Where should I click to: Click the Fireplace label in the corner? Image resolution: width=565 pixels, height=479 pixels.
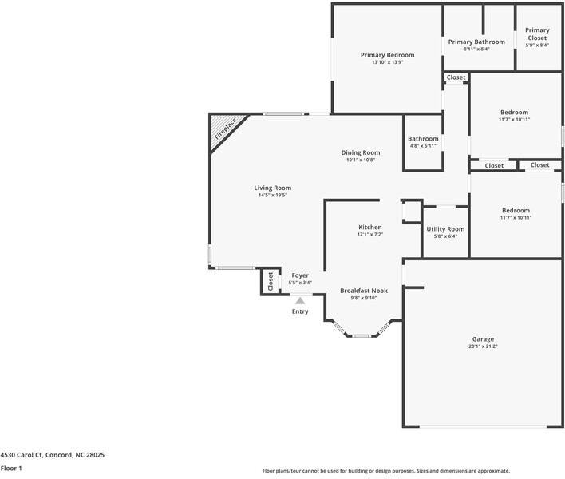225,129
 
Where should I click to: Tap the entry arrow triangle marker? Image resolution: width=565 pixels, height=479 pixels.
300,301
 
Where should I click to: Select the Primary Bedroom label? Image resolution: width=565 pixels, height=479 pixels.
387,55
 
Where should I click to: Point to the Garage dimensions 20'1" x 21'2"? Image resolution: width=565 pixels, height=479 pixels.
483,346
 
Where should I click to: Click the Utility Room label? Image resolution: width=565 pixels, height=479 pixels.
445,229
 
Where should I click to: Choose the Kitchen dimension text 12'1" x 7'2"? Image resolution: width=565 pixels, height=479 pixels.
370,234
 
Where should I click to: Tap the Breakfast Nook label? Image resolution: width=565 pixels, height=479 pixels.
364,291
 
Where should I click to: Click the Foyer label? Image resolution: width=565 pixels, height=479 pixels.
300,275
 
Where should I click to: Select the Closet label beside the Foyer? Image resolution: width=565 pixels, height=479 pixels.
271,282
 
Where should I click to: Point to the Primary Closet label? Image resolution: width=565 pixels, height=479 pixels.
537,34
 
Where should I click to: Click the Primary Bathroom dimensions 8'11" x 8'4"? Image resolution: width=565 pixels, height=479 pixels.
476,49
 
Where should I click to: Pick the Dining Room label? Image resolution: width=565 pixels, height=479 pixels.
361,152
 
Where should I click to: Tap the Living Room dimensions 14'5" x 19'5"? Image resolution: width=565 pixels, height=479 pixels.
273,195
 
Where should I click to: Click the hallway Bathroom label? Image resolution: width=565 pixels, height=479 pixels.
423,139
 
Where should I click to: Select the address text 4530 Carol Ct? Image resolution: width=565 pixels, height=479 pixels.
22,455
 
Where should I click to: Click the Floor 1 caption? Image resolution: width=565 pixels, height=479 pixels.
11,468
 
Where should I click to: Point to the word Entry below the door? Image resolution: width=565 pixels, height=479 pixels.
300,311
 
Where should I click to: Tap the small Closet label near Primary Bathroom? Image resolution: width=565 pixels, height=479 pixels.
456,77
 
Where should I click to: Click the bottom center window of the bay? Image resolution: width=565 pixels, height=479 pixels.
362,336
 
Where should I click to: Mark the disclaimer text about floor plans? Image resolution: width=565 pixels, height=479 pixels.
386,471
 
